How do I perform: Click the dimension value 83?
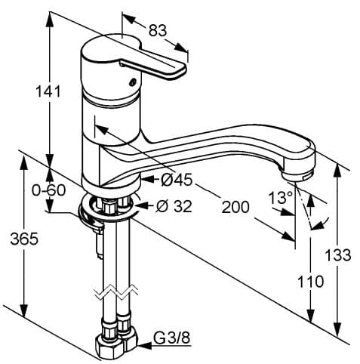tap(157, 32)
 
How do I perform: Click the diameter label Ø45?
tap(177, 179)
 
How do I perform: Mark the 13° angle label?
tap(280, 198)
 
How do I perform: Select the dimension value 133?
tap(337, 254)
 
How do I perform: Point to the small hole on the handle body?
tap(134, 82)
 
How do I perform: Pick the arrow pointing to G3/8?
tap(143, 346)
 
